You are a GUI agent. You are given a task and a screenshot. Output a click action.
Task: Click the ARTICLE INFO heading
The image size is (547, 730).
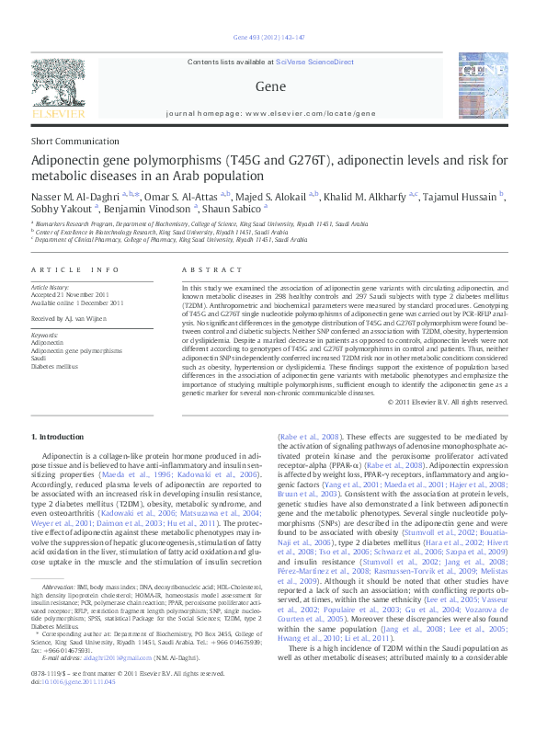[x=75, y=269]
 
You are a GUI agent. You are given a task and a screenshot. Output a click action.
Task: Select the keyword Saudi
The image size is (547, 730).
[x=40, y=358]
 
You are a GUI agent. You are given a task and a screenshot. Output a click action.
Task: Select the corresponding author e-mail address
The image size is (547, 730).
[x=97, y=685]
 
